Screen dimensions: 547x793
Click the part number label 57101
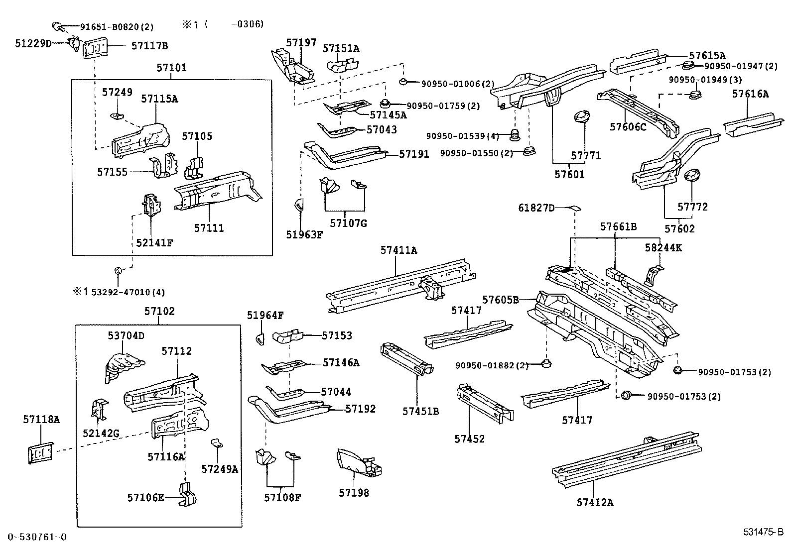pyautogui.click(x=171, y=68)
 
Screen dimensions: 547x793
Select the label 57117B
pyautogui.click(x=149, y=46)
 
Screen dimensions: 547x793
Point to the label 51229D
pyautogui.click(x=33, y=44)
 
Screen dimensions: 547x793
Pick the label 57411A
pyautogui.click(x=398, y=250)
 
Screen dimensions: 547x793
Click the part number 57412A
pyautogui.click(x=595, y=502)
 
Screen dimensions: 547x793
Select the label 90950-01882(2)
pyautogui.click(x=491, y=366)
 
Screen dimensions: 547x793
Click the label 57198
pyautogui.click(x=354, y=493)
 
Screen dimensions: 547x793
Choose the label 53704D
pyautogui.click(x=126, y=335)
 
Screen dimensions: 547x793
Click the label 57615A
pyautogui.click(x=707, y=56)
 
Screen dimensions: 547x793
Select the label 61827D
pyautogui.click(x=536, y=208)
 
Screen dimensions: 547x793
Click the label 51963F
pyautogui.click(x=304, y=234)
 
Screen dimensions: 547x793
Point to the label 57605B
pyautogui.click(x=501, y=300)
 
